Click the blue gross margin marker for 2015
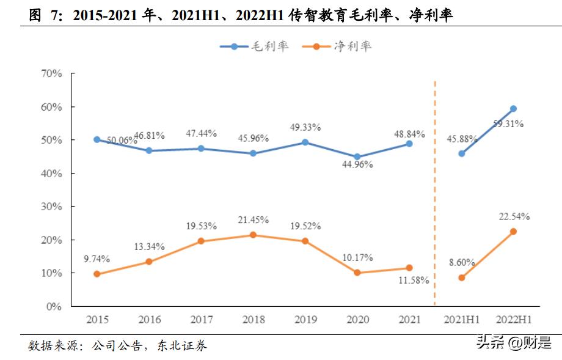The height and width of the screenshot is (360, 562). [97, 139]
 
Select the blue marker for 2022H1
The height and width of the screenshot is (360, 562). [513, 109]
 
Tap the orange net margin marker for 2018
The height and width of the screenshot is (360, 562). [254, 235]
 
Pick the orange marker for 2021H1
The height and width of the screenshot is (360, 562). [461, 277]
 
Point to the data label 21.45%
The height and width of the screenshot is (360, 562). [254, 220]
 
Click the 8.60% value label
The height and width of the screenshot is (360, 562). [461, 262]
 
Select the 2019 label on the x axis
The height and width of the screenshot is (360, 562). [305, 320]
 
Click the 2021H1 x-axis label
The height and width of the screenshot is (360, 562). [461, 320]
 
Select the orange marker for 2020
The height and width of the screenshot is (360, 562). [357, 273]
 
